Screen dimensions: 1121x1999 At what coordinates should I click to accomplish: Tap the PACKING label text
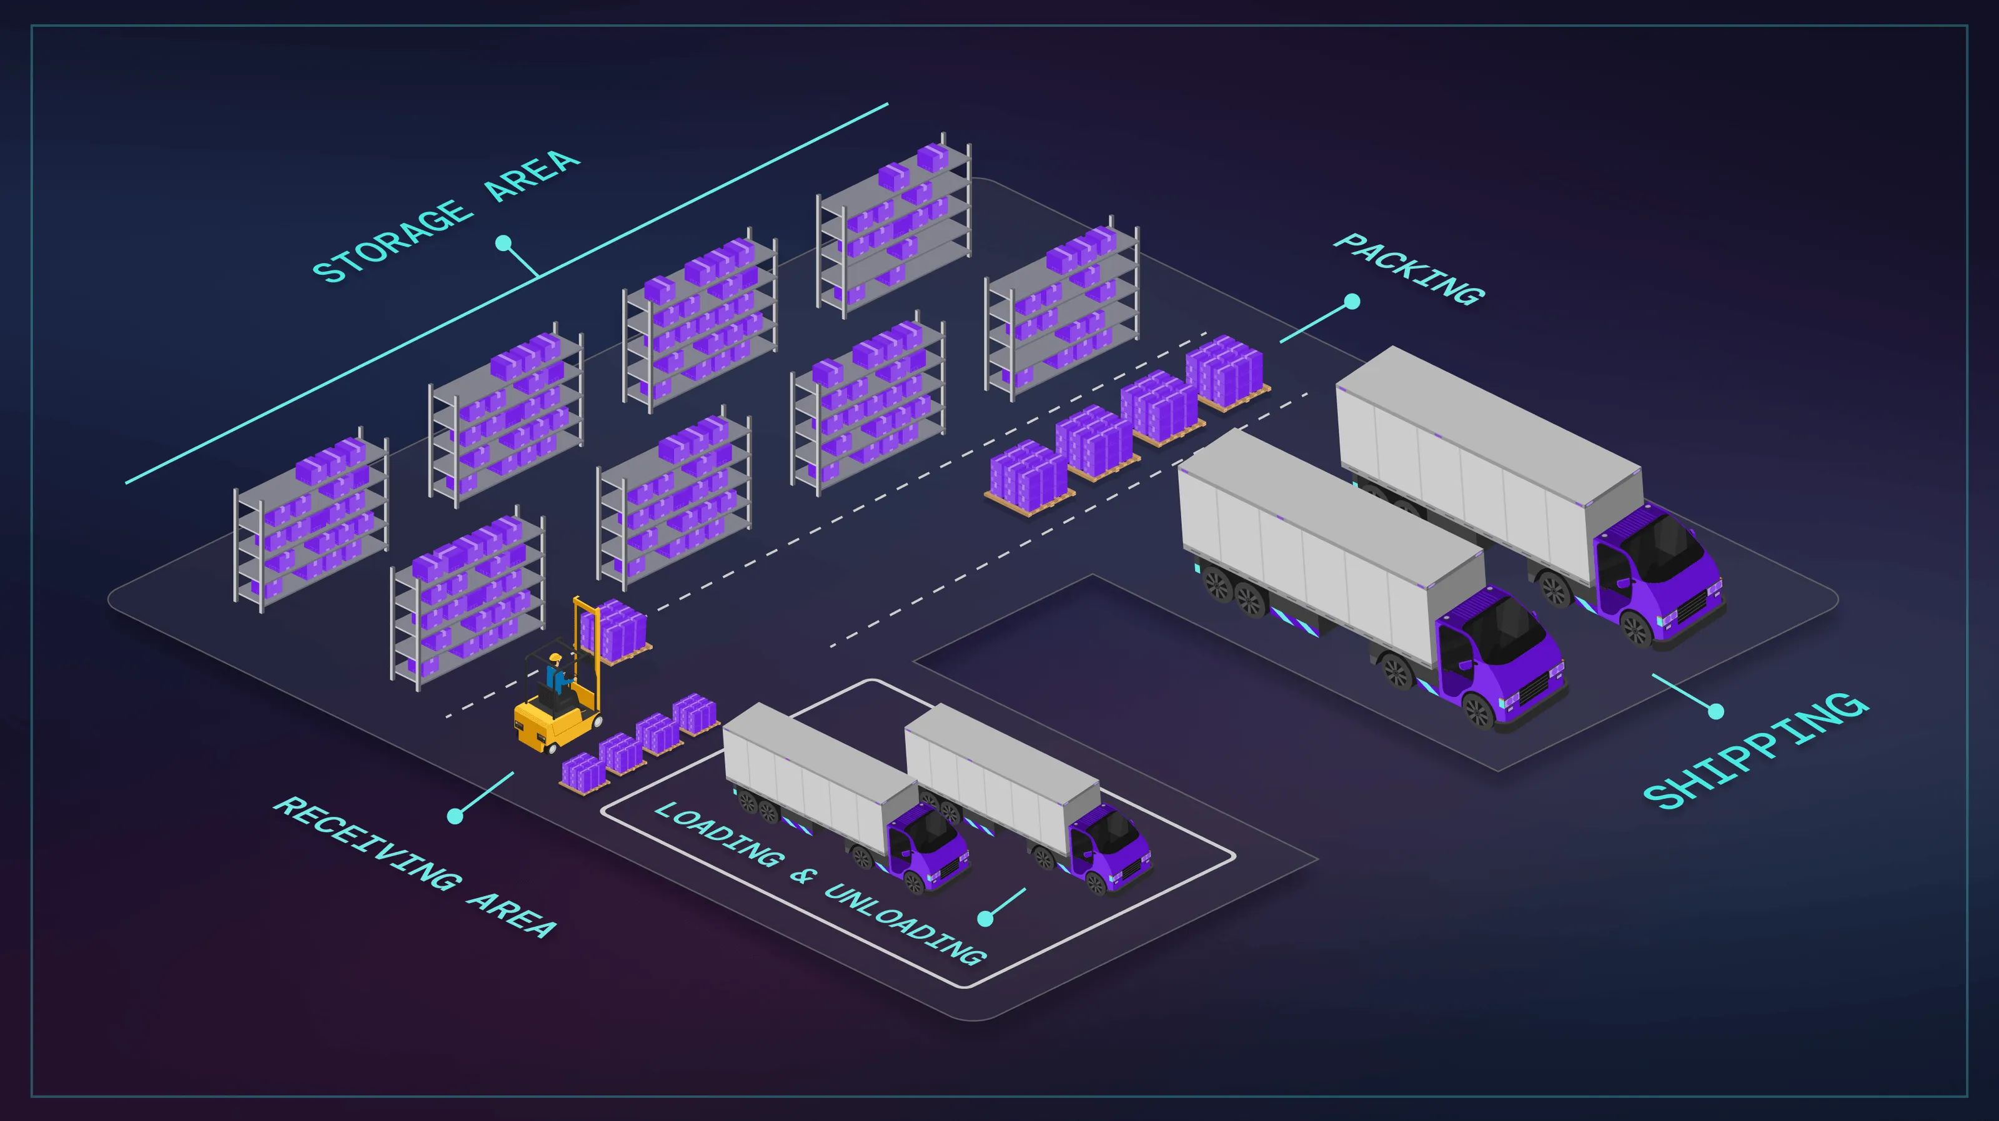click(x=1409, y=269)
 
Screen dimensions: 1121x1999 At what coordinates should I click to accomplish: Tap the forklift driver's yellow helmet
click(x=555, y=658)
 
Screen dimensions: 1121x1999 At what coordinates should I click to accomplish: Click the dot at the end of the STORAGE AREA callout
click(x=503, y=243)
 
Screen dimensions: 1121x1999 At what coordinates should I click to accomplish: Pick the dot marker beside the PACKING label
click(x=1352, y=301)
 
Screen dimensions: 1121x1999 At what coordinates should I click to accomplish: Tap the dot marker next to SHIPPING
click(x=1717, y=711)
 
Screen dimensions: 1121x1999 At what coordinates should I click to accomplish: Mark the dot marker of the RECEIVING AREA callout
click(x=455, y=816)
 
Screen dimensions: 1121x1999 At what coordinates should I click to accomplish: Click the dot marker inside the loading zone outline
click(x=986, y=919)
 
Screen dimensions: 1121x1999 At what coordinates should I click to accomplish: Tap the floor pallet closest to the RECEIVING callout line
click(x=583, y=773)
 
